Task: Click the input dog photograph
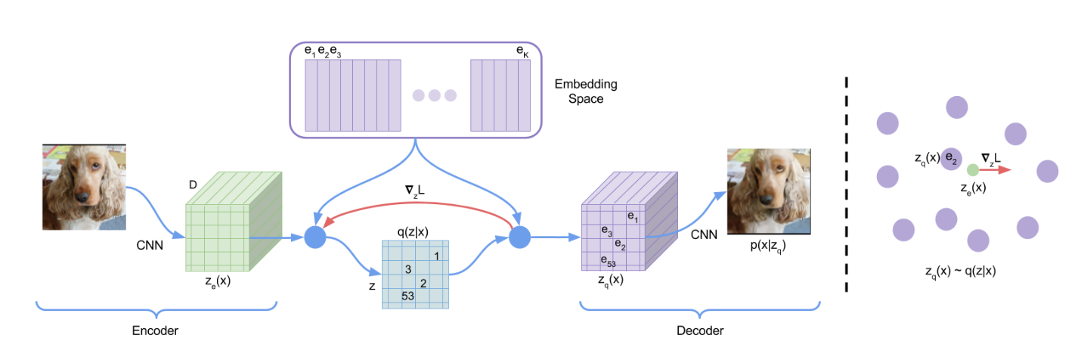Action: coord(84,188)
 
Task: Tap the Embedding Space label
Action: coord(580,91)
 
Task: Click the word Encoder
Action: coord(156,331)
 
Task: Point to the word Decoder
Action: coord(699,331)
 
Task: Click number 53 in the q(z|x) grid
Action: coord(408,296)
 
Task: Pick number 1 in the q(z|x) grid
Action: coord(437,256)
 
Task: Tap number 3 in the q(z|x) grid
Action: coord(407,269)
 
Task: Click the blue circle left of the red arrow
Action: coord(314,237)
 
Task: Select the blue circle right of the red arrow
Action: coord(519,237)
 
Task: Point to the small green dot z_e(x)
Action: coord(973,170)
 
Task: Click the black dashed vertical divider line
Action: coord(846,182)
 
